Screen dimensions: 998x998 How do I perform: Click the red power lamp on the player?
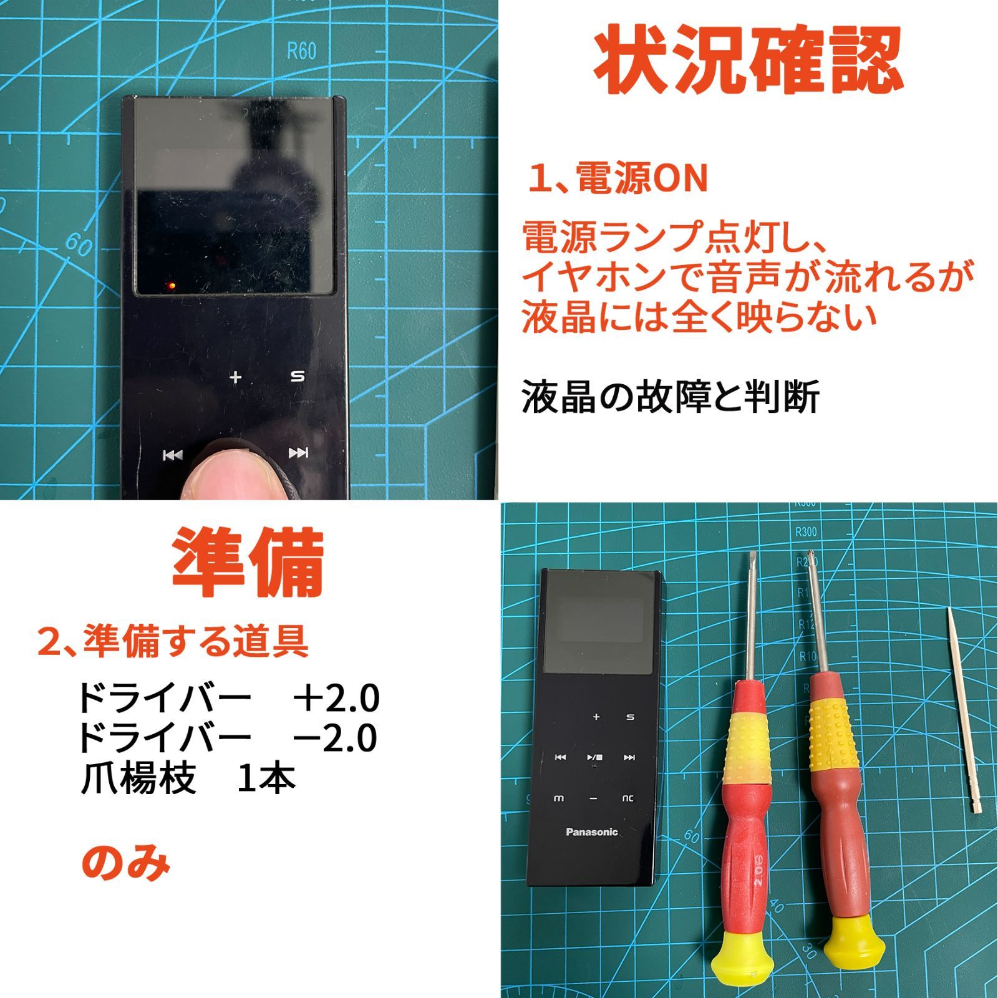click(169, 286)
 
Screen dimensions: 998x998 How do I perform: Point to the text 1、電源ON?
click(618, 178)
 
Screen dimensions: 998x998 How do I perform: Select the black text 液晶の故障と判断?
click(670, 397)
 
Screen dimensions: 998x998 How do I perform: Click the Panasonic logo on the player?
click(591, 831)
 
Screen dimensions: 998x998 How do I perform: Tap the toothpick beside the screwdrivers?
click(963, 710)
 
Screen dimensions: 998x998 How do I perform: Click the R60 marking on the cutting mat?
click(301, 51)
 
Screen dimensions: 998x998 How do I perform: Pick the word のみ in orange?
click(126, 863)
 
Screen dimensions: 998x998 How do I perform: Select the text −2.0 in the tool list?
click(336, 738)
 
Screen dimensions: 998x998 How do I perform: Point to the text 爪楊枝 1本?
click(188, 778)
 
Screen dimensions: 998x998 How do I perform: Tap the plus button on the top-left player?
click(235, 377)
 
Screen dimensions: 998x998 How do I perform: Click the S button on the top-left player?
click(298, 377)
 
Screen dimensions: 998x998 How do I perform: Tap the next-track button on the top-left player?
click(298, 453)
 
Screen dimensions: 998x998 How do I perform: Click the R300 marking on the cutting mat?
click(806, 532)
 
